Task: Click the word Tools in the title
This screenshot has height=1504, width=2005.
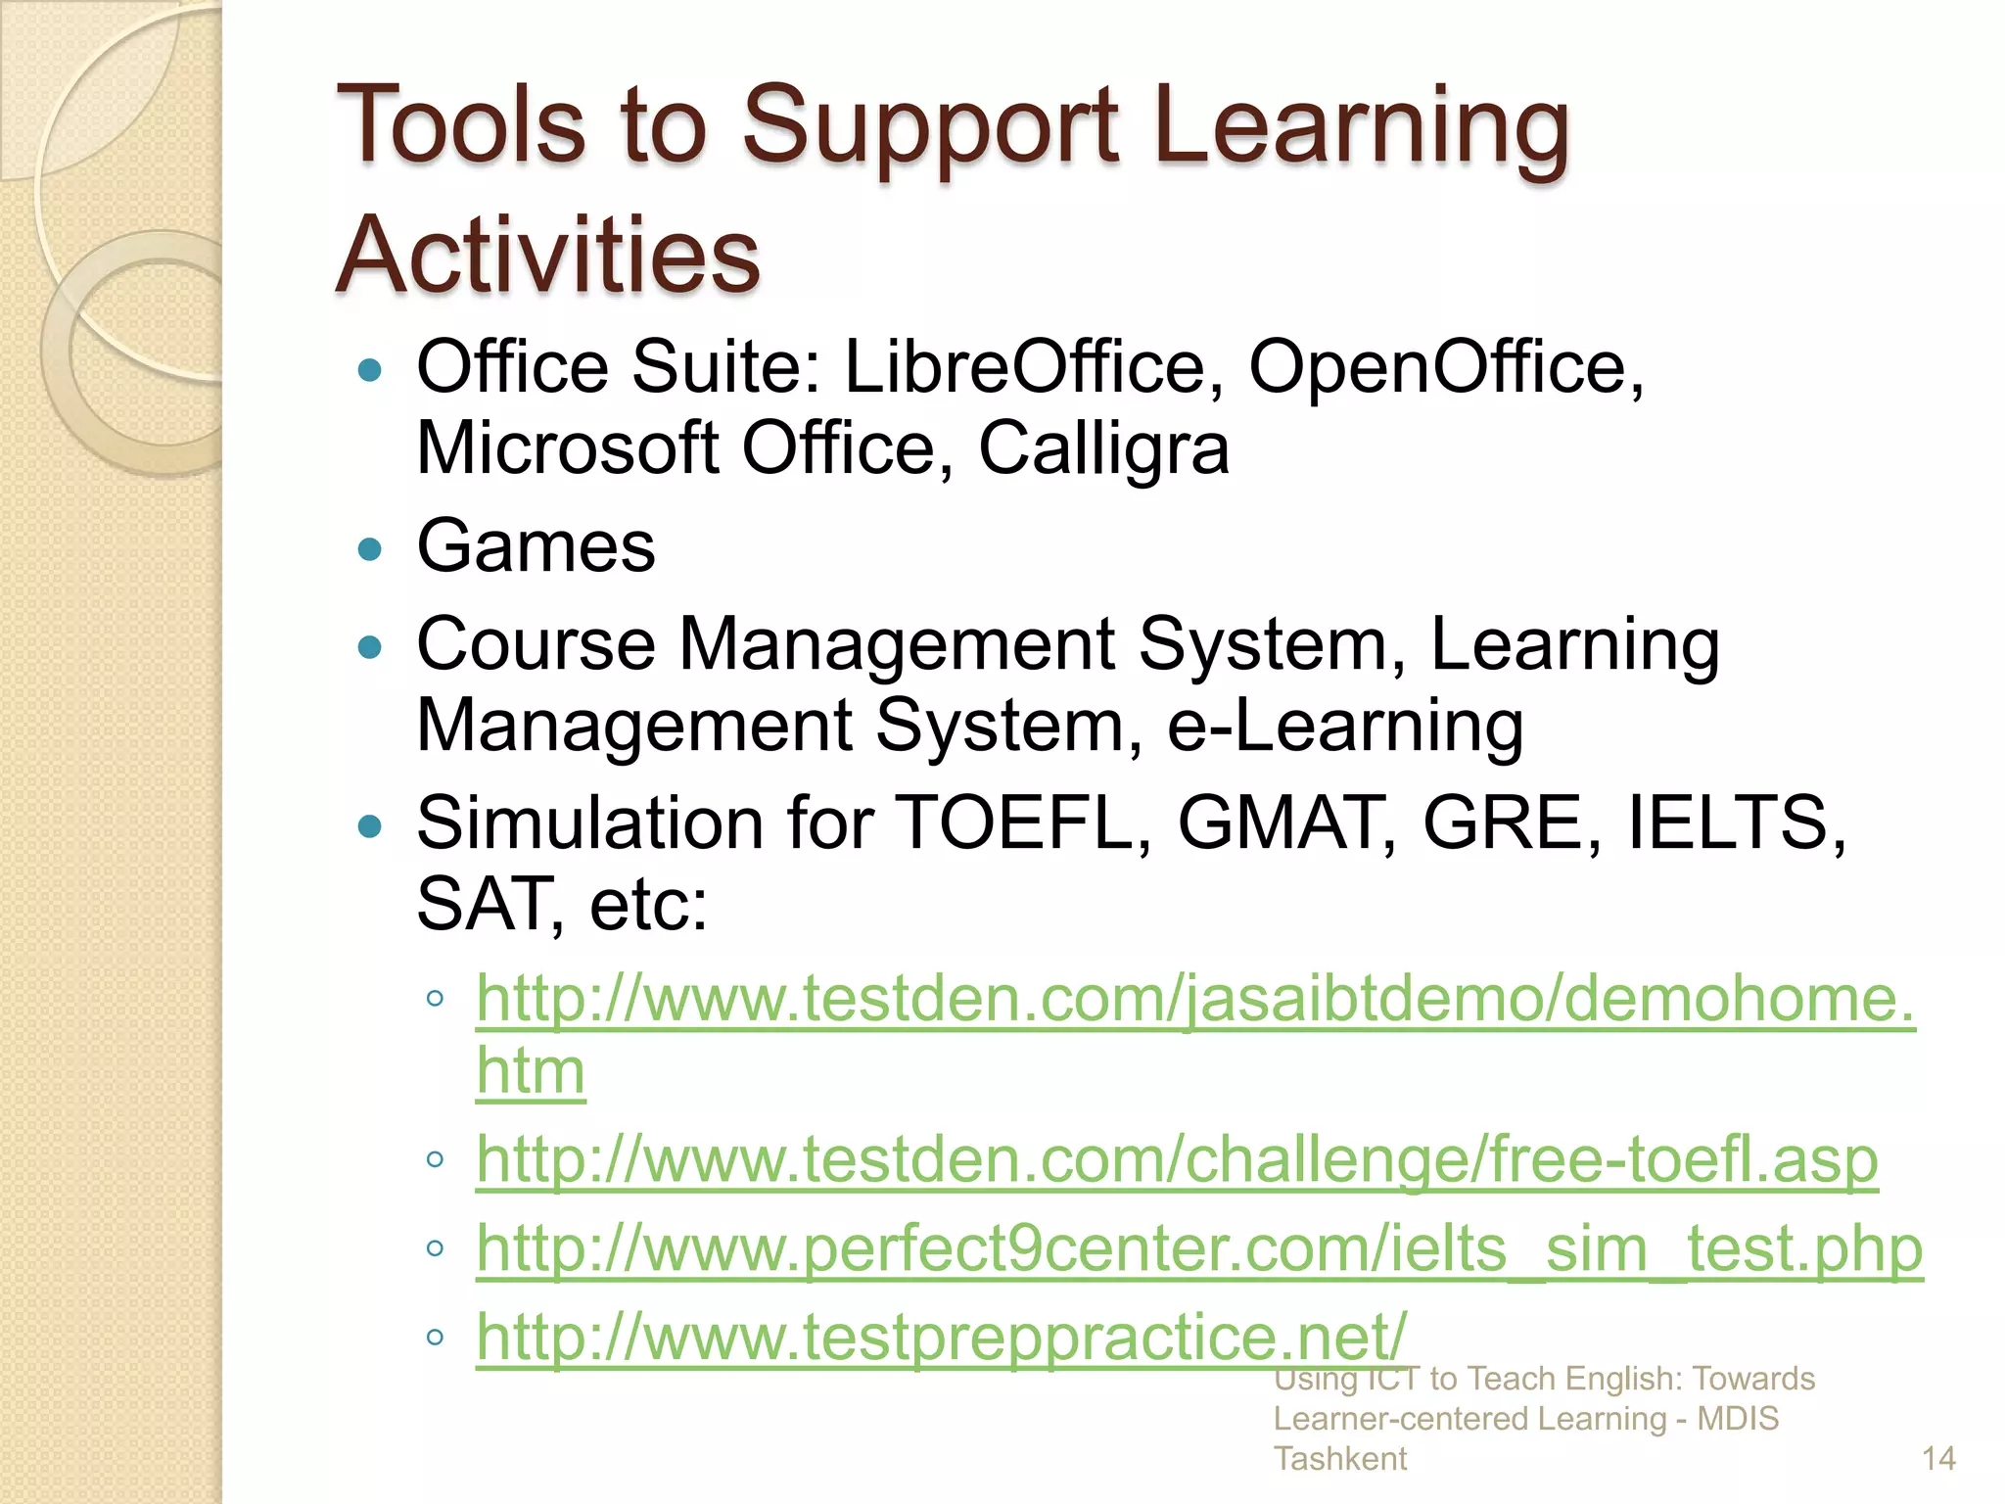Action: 460,125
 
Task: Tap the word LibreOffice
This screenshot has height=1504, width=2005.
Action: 1033,367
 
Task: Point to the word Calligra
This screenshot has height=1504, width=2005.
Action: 1103,449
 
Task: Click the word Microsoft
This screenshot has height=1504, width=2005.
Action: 568,449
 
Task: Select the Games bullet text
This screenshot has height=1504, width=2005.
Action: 536,546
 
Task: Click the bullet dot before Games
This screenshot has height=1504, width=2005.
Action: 370,548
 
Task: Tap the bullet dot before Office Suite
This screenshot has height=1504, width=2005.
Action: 370,370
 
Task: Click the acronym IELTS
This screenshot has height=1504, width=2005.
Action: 1728,822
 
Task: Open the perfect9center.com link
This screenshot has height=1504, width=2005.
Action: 1199,1248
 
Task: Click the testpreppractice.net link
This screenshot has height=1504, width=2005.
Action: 941,1337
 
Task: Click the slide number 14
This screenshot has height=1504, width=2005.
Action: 1938,1459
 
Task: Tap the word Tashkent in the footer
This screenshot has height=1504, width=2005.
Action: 1339,1459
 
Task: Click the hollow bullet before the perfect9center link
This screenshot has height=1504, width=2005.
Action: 436,1248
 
